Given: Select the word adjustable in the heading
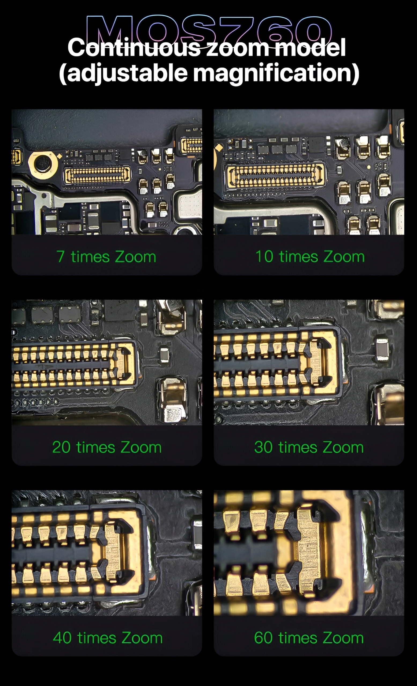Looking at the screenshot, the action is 123,73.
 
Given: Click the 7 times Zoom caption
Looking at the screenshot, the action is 106,256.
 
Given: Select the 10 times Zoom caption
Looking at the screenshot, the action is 310,256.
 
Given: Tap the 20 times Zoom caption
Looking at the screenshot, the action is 107,447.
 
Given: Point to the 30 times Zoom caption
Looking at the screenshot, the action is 309,447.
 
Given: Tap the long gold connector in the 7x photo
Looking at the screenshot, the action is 98,174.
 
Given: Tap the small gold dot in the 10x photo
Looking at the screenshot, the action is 369,167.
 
